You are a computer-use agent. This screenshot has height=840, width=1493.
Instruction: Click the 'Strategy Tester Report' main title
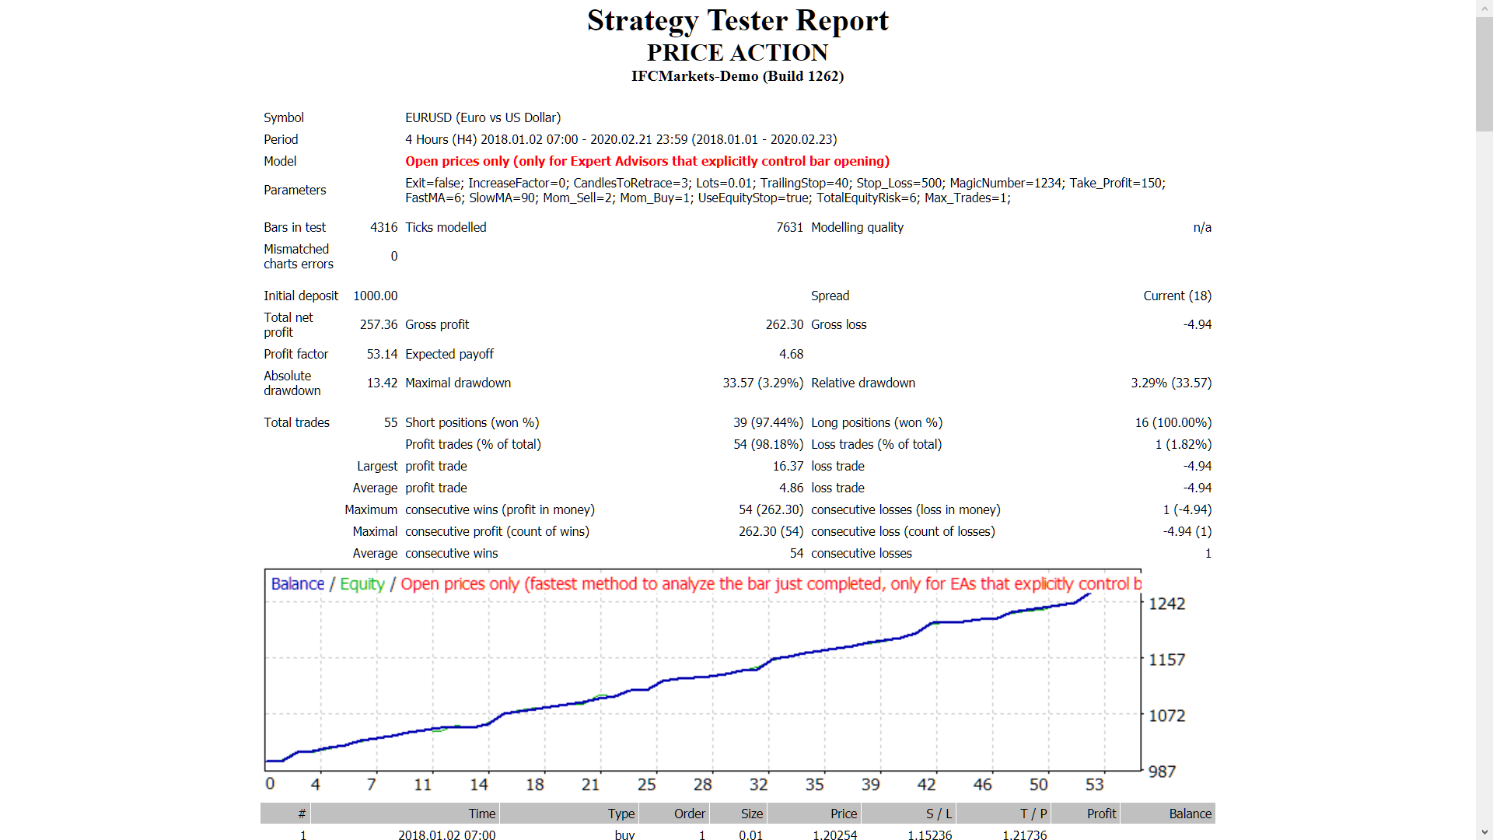tap(737, 21)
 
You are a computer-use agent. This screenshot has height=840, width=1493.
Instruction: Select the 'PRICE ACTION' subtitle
tap(737, 53)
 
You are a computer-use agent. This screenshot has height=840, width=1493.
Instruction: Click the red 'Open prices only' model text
tap(647, 161)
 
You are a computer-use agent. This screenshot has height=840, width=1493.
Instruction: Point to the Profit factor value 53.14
tap(382, 354)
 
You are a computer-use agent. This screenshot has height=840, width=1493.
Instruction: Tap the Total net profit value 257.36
tap(379, 324)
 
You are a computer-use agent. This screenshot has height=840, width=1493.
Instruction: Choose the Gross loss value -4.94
tap(1197, 324)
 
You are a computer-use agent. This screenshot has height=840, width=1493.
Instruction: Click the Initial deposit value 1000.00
tap(375, 296)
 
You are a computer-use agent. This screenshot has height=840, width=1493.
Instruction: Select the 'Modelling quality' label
tap(857, 227)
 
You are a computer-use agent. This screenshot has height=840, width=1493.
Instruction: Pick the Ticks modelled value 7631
tap(789, 227)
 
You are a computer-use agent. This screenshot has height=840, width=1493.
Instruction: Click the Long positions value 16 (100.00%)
tap(1173, 422)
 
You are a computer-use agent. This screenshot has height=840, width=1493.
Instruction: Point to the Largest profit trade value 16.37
tap(788, 466)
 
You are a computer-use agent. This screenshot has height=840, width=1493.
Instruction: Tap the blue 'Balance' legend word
tap(297, 584)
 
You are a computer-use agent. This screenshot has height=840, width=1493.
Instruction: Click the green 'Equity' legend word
tap(362, 584)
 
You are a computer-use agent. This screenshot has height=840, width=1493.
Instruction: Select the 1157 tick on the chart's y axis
tap(1166, 660)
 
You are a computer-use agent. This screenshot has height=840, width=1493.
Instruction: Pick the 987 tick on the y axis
tap(1162, 772)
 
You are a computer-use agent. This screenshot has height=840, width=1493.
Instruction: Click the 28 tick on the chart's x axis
tap(703, 785)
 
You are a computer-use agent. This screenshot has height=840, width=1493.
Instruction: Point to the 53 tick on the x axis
tap(1094, 785)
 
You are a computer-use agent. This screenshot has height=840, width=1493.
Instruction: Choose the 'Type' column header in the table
tap(621, 814)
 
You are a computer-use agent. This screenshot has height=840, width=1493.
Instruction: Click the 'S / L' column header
tap(939, 814)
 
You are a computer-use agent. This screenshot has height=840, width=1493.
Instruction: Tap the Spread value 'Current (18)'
tap(1177, 296)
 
